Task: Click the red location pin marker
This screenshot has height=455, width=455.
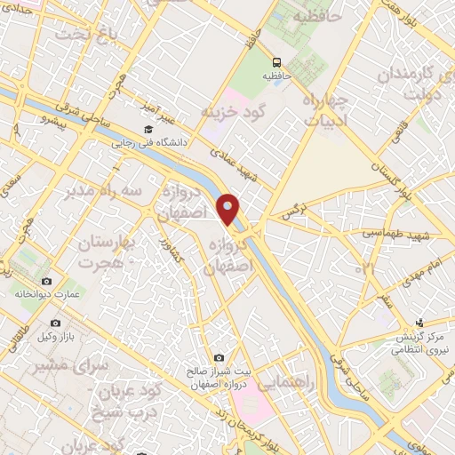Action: click(x=229, y=209)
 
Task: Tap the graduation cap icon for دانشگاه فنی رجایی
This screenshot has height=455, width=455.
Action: click(x=148, y=130)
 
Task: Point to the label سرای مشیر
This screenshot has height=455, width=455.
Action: click(x=76, y=364)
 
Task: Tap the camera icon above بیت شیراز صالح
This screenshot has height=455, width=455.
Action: click(x=220, y=357)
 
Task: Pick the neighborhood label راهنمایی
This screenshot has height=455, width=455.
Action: click(x=284, y=380)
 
